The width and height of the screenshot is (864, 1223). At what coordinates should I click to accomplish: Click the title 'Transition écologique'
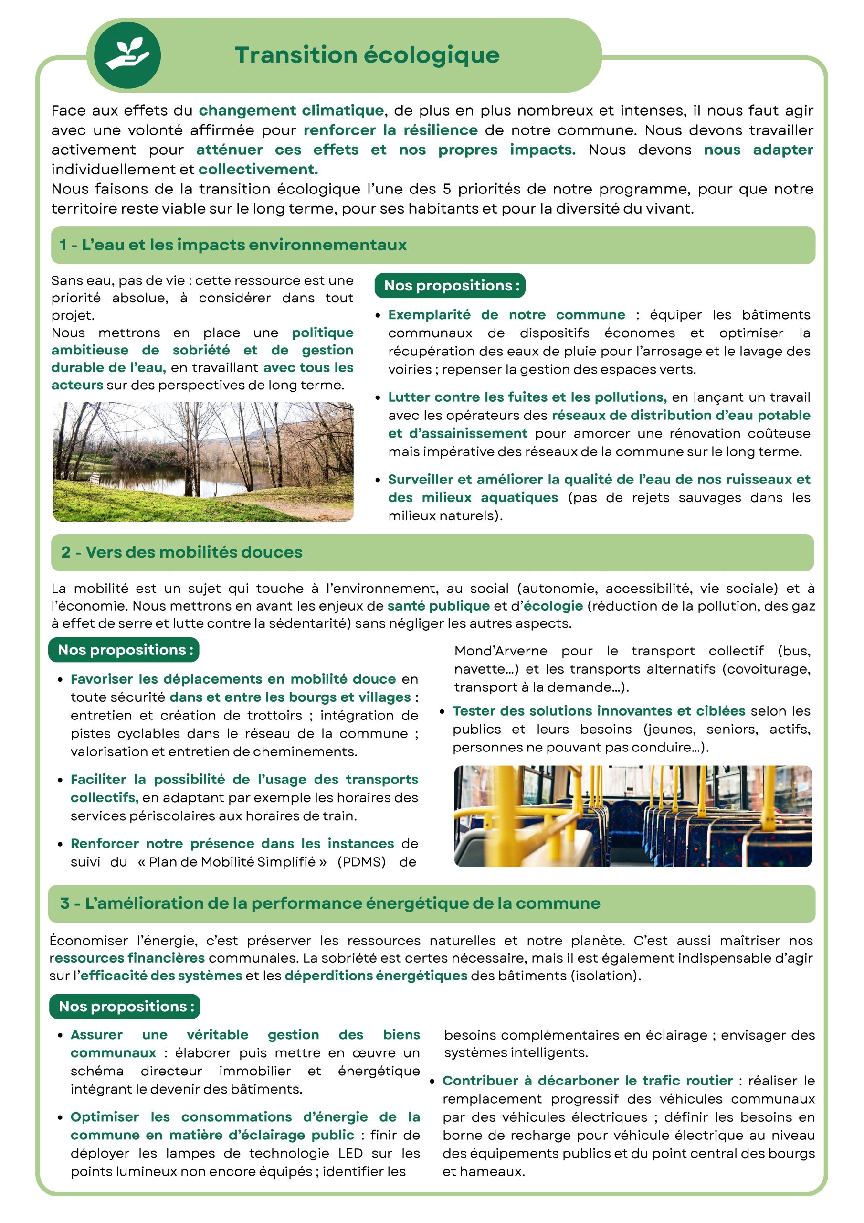368,55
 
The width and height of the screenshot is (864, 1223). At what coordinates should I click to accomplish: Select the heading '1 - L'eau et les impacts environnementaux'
233,245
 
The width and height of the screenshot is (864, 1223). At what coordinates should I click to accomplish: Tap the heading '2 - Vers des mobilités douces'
181,552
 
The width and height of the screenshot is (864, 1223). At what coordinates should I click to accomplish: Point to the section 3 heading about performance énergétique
330,903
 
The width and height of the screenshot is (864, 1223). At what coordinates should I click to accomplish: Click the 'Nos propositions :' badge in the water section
450,286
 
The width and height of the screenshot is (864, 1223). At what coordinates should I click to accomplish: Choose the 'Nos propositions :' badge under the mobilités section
124,650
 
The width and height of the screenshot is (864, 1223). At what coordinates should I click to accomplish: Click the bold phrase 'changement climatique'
291,110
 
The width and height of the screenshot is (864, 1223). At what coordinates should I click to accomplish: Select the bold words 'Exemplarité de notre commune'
506,315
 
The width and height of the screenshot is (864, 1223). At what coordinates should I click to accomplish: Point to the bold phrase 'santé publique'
438,606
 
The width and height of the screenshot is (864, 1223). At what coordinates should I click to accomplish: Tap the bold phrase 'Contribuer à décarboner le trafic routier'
587,1080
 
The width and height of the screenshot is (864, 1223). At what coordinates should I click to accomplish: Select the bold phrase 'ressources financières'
127,958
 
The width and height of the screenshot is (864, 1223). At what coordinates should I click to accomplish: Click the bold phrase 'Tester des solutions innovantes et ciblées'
599,711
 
